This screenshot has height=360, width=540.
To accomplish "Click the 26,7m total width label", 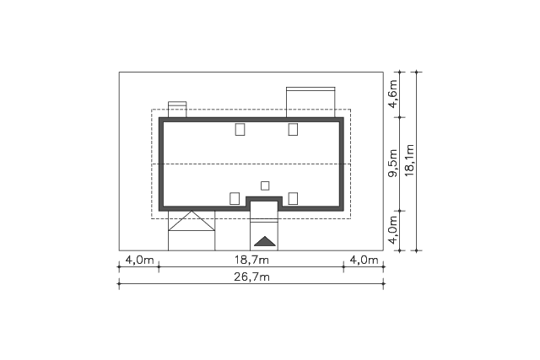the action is click(x=251, y=277).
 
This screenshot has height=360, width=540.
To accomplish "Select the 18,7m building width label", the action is click(x=251, y=260).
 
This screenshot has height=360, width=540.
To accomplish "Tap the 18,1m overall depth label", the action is click(x=409, y=160).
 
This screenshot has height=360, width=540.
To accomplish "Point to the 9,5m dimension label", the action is click(x=392, y=163).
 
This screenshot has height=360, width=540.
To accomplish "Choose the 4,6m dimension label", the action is click(x=392, y=94).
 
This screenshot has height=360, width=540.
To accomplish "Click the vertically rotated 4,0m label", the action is click(x=392, y=230).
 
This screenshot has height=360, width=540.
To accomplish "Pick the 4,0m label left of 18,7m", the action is click(x=139, y=260).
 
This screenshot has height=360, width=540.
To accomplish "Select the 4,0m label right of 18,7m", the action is click(x=364, y=260).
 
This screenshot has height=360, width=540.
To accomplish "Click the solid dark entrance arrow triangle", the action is click(x=264, y=242).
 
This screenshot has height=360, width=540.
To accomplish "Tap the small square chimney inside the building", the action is click(x=265, y=185).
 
